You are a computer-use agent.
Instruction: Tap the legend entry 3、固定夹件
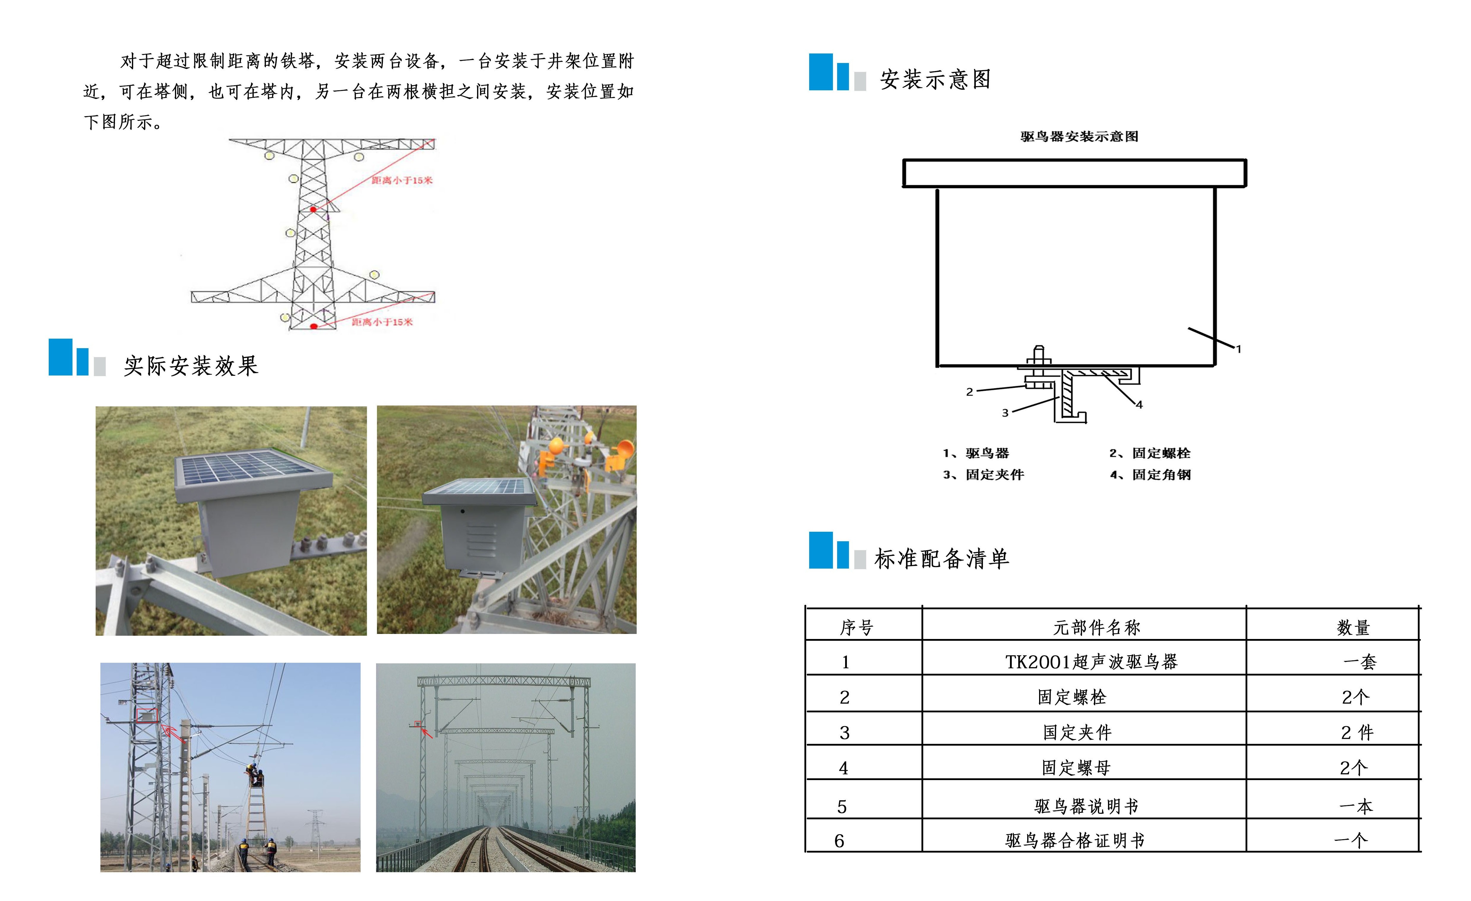point(983,475)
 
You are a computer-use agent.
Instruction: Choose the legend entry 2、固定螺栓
point(1150,453)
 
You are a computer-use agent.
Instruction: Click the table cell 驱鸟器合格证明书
point(1075,841)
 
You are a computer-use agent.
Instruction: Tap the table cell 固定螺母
point(1076,768)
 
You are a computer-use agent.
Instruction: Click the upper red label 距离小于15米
point(402,180)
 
